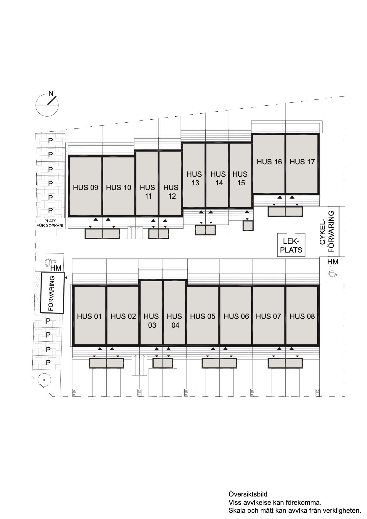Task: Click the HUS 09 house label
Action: coord(86,187)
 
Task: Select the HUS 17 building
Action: coord(302,164)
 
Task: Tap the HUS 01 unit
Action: coord(89,316)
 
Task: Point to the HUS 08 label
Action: coord(302,316)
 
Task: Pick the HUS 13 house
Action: coord(194,175)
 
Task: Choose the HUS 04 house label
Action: coord(175,321)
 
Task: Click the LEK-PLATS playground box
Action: coord(291,245)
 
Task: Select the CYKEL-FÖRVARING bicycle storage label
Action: coord(327,232)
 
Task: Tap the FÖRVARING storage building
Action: coord(52,293)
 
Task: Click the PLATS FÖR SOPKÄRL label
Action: coord(50,223)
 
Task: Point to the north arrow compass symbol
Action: coord(48,104)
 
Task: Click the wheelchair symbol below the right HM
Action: coord(333,271)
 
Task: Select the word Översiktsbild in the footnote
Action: coord(248,494)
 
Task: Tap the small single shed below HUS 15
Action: coord(248,226)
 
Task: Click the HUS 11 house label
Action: coord(148,192)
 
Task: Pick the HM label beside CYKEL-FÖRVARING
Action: coord(333,262)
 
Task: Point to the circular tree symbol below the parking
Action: coord(44,380)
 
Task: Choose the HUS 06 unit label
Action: coord(236,316)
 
